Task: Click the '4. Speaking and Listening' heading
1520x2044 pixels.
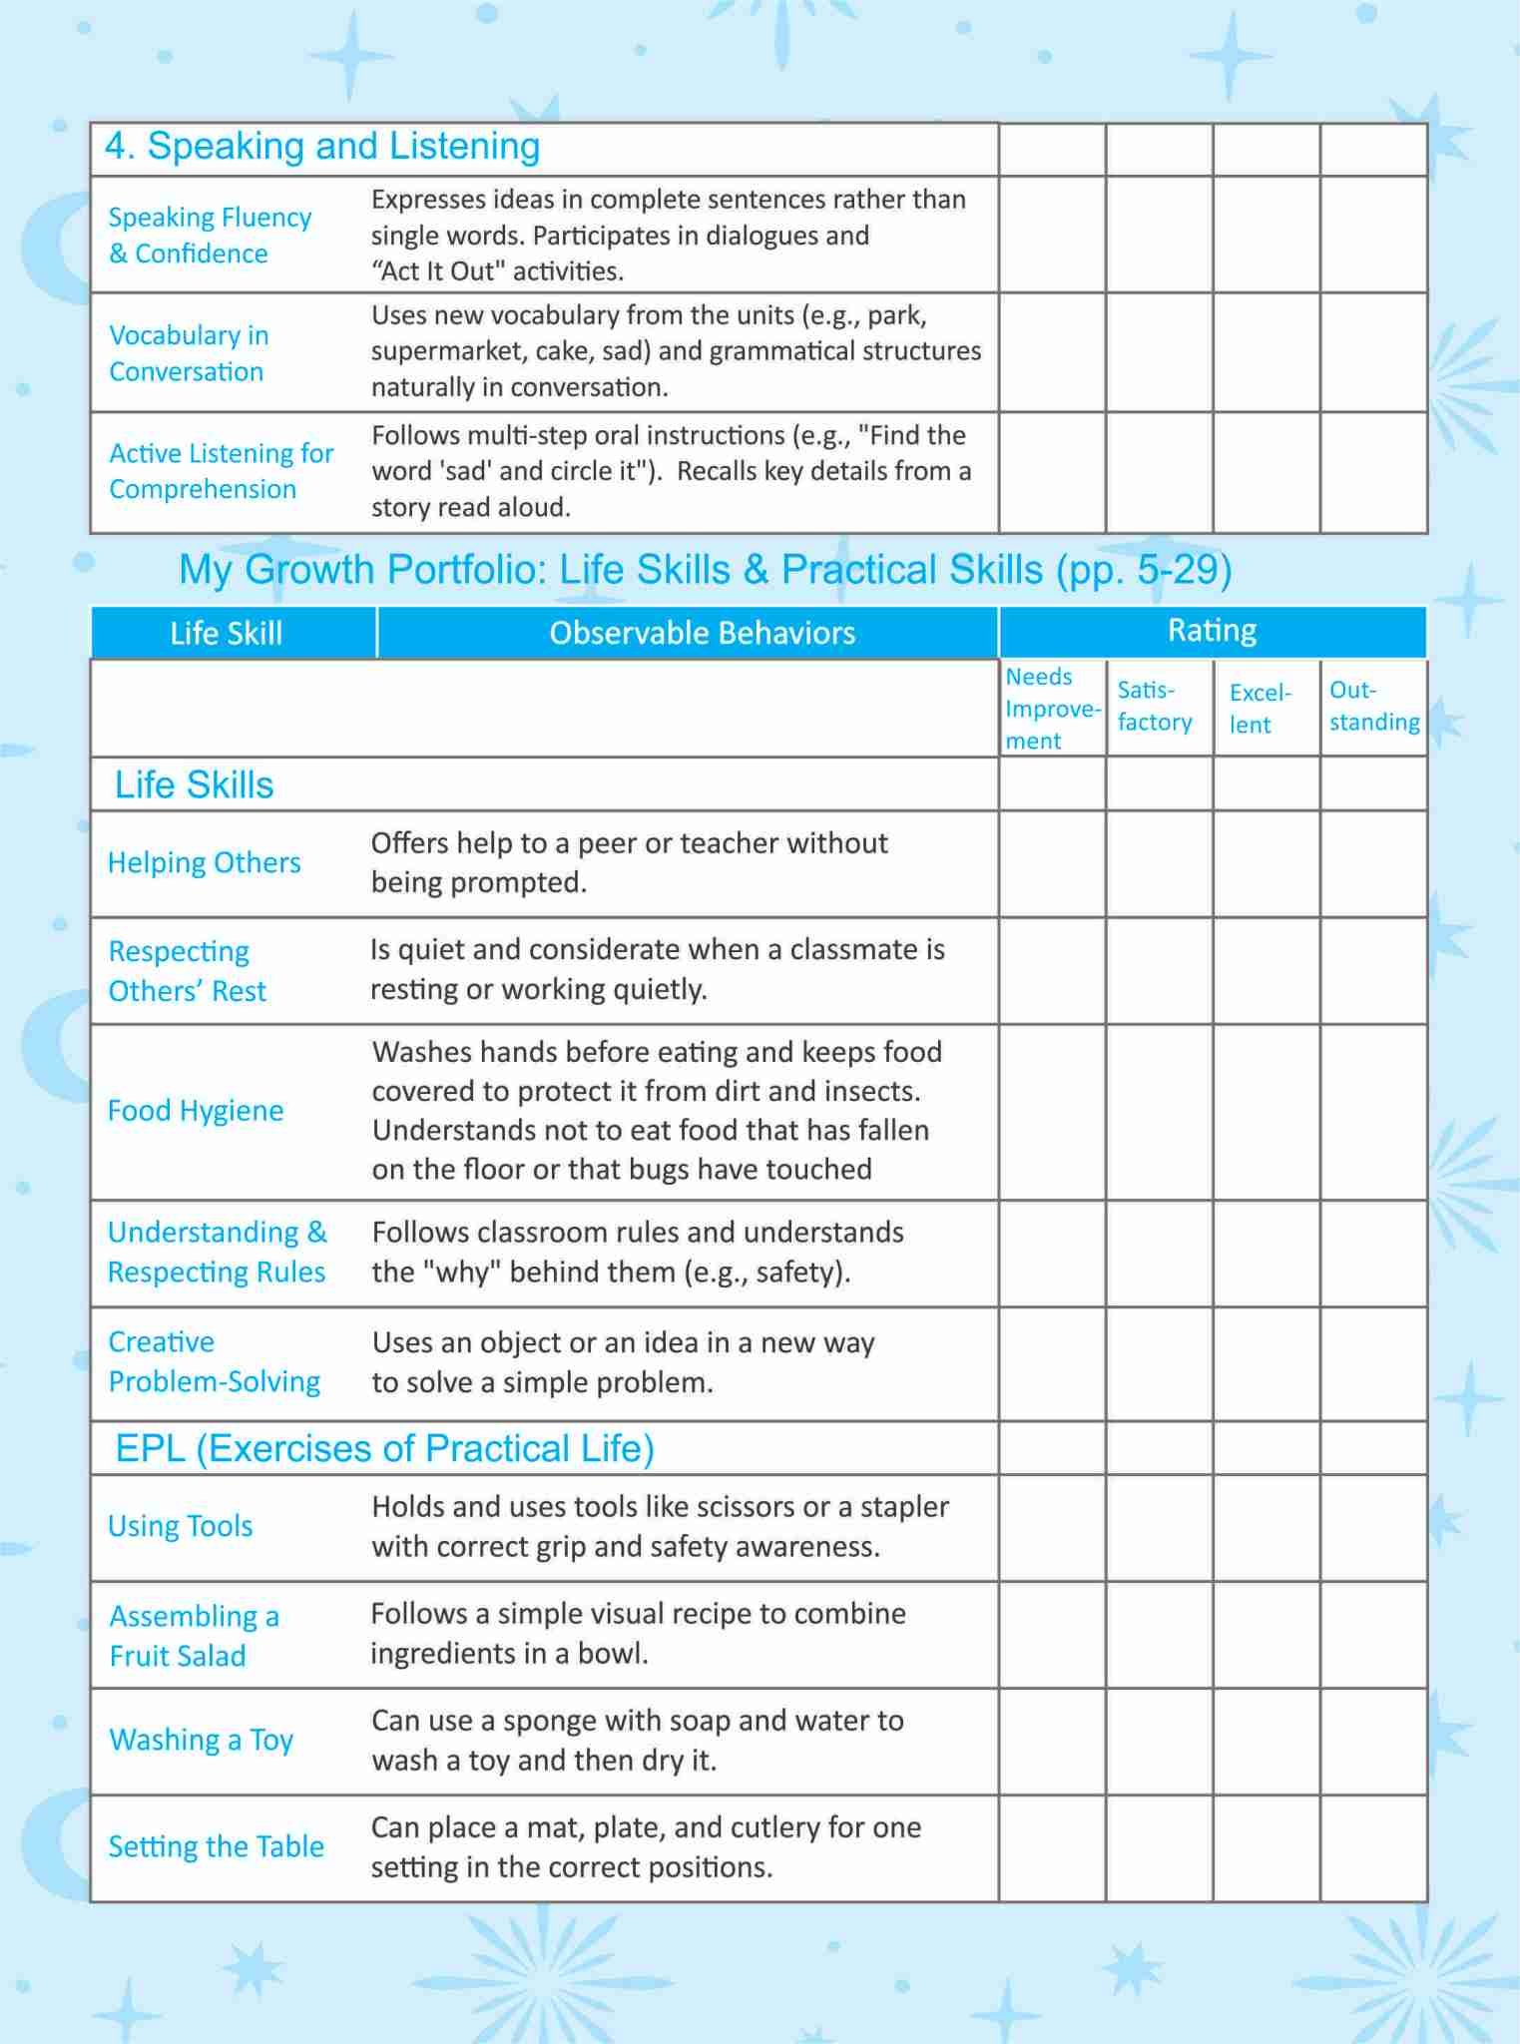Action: pyautogui.click(x=322, y=147)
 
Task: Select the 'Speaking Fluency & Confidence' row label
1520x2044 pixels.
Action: pyautogui.click(x=210, y=236)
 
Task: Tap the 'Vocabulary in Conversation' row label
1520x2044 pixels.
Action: pyautogui.click(x=189, y=353)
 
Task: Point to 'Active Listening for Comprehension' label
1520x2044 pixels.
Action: pyautogui.click(x=221, y=471)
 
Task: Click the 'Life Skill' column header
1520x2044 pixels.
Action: pyautogui.click(x=227, y=634)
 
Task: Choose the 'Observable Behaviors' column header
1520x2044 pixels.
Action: pyautogui.click(x=702, y=634)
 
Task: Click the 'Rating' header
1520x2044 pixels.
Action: pyautogui.click(x=1212, y=631)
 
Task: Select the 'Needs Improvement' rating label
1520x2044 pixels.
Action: pyautogui.click(x=1052, y=709)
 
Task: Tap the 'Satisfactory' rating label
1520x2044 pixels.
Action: pyautogui.click(x=1155, y=707)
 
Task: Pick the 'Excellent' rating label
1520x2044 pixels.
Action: pyautogui.click(x=1260, y=709)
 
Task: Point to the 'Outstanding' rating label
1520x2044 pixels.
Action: pyautogui.click(x=1373, y=707)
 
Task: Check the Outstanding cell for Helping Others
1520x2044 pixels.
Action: pyautogui.click(x=1373, y=864)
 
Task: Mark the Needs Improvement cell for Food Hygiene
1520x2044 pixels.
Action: pyautogui.click(x=1052, y=1112)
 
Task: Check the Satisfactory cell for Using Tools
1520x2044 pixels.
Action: pyautogui.click(x=1159, y=1527)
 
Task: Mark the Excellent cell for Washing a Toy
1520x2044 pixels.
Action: pyautogui.click(x=1267, y=1742)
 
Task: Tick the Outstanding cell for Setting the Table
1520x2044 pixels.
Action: pyautogui.click(x=1373, y=1848)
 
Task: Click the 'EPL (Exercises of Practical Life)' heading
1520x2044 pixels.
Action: pyautogui.click(x=384, y=1449)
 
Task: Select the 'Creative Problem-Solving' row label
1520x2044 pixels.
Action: pyautogui.click(x=214, y=1362)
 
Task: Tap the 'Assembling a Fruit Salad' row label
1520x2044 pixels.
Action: pyautogui.click(x=194, y=1636)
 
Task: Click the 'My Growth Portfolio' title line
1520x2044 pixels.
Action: pyautogui.click(x=705, y=570)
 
